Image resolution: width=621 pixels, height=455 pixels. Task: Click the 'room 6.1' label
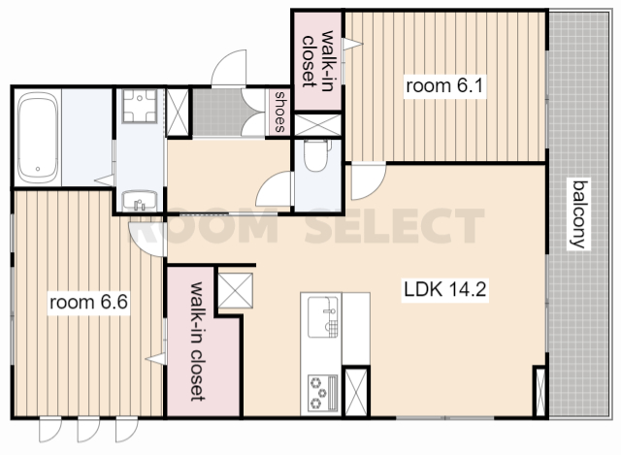pyautogui.click(x=444, y=86)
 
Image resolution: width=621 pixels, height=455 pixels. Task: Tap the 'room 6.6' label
pyautogui.click(x=88, y=303)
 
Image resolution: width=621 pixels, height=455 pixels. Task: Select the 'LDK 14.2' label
pyautogui.click(x=444, y=289)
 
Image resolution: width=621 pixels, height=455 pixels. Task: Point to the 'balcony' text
pyautogui.click(x=578, y=213)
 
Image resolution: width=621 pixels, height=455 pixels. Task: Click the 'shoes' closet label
pyautogui.click(x=280, y=112)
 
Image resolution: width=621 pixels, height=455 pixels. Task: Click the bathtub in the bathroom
pyautogui.click(x=38, y=138)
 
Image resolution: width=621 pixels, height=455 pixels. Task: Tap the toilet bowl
pyautogui.click(x=315, y=155)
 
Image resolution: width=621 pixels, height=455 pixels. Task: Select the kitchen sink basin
pyautogui.click(x=323, y=317)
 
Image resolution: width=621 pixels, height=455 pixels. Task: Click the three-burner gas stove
pyautogui.click(x=323, y=393)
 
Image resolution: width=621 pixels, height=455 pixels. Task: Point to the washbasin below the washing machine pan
pyautogui.click(x=140, y=201)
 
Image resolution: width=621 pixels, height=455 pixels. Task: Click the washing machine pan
pyautogui.click(x=140, y=106)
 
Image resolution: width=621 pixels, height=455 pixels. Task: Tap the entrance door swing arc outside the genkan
pyautogui.click(x=229, y=67)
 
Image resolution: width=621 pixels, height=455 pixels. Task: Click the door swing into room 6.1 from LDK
pyautogui.click(x=369, y=181)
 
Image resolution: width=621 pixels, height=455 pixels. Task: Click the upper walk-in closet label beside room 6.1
pyautogui.click(x=317, y=59)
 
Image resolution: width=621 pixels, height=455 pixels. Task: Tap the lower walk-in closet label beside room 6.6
pyautogui.click(x=197, y=341)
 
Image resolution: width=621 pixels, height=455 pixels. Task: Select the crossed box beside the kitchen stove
pyautogui.click(x=356, y=392)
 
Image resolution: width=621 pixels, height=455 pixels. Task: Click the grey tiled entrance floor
pyautogui.click(x=217, y=113)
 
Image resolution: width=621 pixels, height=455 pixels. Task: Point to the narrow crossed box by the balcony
pyautogui.click(x=540, y=391)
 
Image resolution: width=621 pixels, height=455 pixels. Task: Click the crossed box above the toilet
pyautogui.click(x=317, y=125)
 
